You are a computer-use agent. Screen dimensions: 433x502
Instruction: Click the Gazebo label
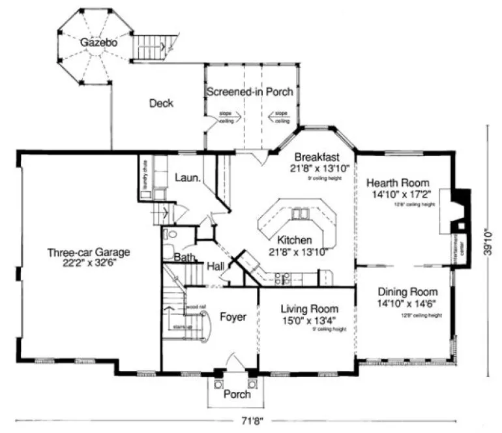tap(98, 42)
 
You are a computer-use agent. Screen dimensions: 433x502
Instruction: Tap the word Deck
tap(161, 103)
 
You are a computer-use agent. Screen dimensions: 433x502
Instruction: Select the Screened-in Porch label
tap(250, 92)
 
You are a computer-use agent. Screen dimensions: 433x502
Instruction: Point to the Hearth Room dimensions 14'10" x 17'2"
tap(397, 194)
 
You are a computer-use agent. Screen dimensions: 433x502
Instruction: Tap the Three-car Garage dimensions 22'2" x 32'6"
tap(89, 263)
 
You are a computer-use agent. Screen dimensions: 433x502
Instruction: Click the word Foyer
tap(233, 317)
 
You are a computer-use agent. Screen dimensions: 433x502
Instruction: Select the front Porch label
tap(236, 395)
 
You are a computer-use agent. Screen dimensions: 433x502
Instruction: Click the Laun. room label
tap(186, 177)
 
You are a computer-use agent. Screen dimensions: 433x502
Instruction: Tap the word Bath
tap(184, 258)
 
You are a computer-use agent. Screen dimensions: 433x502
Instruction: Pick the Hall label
tap(216, 266)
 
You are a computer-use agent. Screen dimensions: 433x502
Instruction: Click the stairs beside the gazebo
tap(154, 46)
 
